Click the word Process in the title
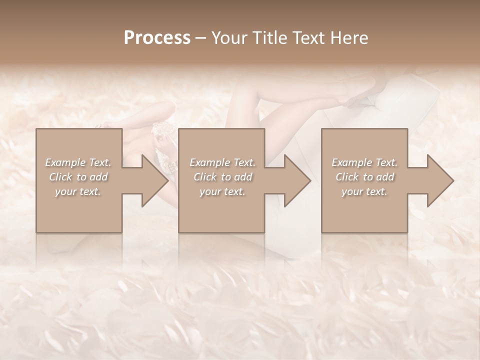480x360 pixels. [157, 37]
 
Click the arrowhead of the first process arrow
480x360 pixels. [155, 181]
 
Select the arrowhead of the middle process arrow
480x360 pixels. [297, 181]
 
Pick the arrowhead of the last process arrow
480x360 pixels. [440, 181]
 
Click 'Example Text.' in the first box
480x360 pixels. [78, 162]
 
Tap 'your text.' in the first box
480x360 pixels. [78, 191]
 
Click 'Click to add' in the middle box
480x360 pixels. [222, 177]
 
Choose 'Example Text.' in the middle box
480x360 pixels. [222, 162]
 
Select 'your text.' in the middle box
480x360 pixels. [222, 191]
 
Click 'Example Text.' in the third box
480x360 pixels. [364, 162]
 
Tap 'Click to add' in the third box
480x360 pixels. [364, 177]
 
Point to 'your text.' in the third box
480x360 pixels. [364, 191]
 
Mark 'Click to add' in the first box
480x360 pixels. [78, 177]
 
